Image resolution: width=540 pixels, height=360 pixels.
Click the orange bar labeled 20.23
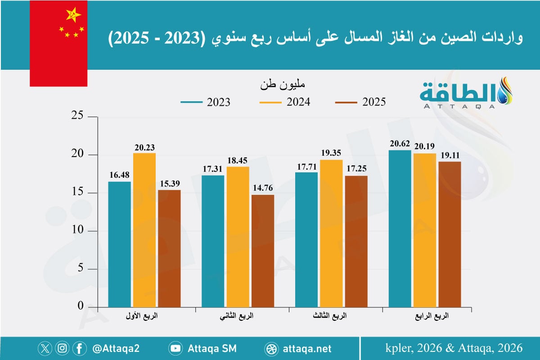tap(144, 229)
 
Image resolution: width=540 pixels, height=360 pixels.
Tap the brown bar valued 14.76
tap(263, 251)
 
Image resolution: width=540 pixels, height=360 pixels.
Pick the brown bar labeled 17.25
tap(356, 241)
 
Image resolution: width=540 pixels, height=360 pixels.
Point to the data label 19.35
tap(331, 153)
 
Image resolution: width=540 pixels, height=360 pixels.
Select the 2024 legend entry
tap(285, 102)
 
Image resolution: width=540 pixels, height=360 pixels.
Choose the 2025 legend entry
tap(360, 102)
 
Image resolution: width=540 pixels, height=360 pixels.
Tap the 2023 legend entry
tap(205, 102)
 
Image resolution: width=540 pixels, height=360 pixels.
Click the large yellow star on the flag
tap(73, 15)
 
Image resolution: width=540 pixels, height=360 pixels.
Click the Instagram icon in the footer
tap(63, 348)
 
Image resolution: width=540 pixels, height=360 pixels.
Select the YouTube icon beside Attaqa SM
tap(175, 348)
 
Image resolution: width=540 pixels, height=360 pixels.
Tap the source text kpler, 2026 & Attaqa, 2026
tap(454, 348)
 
